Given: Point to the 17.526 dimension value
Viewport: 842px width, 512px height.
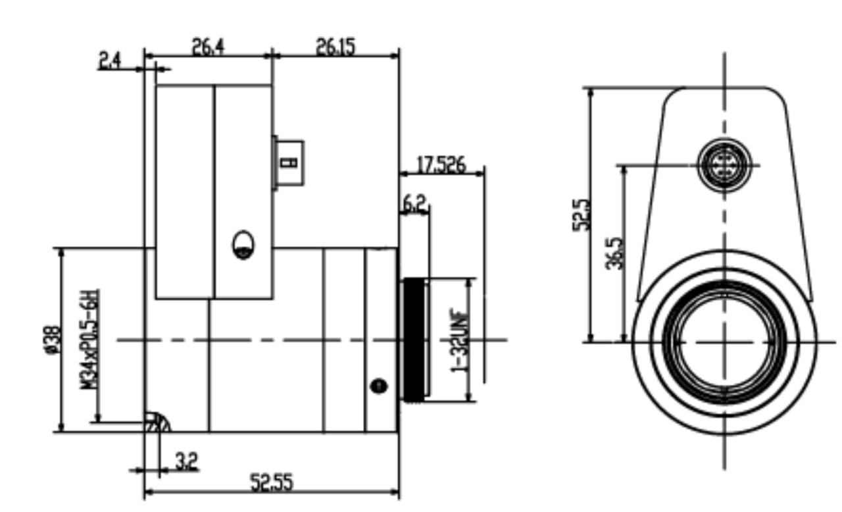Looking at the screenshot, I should (441, 164).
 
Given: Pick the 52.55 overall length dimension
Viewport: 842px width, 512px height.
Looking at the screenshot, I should (272, 484).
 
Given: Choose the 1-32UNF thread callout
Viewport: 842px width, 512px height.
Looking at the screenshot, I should (458, 340).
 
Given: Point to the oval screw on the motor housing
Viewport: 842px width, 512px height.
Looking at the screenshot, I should (243, 245).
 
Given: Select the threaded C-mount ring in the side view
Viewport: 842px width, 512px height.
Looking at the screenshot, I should (415, 340).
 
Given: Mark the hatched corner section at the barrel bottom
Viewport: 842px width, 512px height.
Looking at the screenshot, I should (157, 422).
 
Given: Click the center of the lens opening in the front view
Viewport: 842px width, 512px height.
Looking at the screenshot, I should (725, 342).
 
